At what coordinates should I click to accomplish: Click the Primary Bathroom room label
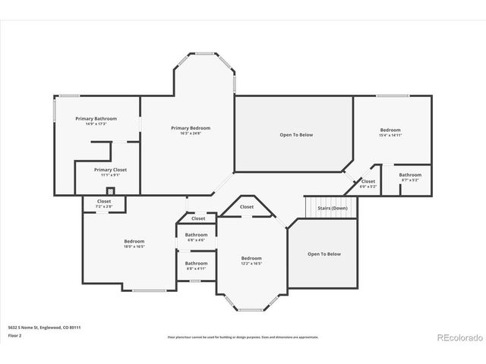tap(95, 119)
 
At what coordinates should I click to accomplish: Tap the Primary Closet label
tap(109, 170)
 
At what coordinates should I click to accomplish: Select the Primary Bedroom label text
tap(190, 128)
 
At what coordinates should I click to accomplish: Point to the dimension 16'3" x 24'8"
tap(190, 133)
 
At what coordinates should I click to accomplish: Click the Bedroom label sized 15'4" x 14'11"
tap(390, 130)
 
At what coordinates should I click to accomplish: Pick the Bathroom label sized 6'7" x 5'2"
tap(410, 175)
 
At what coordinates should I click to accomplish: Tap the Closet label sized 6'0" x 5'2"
tap(368, 181)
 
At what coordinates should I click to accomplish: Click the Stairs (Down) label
tap(333, 207)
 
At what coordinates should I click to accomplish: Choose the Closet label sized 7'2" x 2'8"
tap(104, 201)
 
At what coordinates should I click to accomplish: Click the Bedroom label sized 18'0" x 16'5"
tap(134, 241)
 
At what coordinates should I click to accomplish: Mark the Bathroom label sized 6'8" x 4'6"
tap(196, 235)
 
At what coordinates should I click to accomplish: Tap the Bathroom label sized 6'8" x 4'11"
tap(196, 263)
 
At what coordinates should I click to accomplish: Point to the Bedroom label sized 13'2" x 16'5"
tap(251, 258)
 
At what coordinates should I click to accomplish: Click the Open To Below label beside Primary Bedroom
tap(296, 135)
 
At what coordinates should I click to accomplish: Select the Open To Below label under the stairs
tap(324, 254)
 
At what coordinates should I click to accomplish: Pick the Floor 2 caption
tap(14, 334)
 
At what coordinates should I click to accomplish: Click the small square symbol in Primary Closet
tap(110, 191)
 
